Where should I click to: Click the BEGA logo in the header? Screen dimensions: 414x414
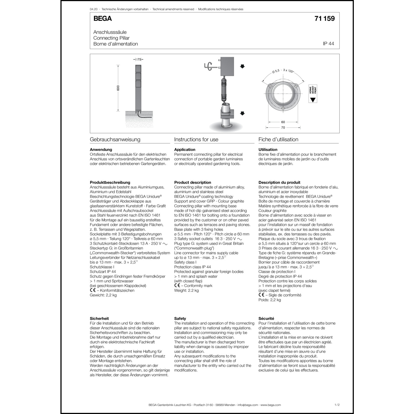coord(102,18)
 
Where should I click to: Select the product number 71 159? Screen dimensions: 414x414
coord(324,18)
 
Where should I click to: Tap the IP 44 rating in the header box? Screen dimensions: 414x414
coord(328,44)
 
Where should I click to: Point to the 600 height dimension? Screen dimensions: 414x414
coord(118,88)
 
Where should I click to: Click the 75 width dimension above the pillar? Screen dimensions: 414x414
coord(139,59)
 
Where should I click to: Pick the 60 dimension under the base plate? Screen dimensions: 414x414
coord(283,122)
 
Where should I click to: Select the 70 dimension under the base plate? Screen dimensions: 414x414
coord(283,128)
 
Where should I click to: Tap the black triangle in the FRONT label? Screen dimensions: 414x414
coord(312,99)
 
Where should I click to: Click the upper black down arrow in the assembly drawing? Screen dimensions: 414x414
coord(242,66)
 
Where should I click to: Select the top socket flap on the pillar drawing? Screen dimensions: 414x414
coord(138,69)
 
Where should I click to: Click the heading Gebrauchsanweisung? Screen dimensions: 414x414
coord(115,139)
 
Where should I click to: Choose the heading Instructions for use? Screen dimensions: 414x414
coord(196,139)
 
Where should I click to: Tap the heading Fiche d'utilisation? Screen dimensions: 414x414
coord(278,139)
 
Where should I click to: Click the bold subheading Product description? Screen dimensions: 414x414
coord(192,182)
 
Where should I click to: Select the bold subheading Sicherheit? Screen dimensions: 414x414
coord(99,319)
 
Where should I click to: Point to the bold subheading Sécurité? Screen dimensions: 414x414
coord(266,319)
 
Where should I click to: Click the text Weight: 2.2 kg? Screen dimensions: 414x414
coord(186,290)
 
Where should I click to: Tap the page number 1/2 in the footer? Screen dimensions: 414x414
coord(337,405)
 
